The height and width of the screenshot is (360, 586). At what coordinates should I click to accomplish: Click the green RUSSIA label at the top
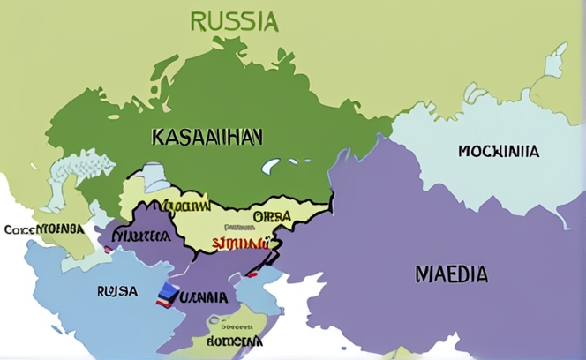tap(234, 21)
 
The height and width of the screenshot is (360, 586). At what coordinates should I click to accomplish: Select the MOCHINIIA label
tap(499, 151)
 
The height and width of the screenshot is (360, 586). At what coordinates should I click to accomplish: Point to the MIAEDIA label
tap(451, 274)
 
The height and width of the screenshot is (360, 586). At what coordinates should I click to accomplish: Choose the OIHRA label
tap(272, 217)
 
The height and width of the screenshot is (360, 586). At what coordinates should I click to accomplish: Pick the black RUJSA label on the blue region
tap(116, 289)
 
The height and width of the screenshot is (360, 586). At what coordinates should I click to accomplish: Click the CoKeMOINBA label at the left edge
tap(44, 229)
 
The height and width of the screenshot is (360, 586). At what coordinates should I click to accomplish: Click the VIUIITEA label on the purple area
tap(142, 236)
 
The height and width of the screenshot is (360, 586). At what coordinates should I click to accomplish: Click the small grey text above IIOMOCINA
tap(228, 323)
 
